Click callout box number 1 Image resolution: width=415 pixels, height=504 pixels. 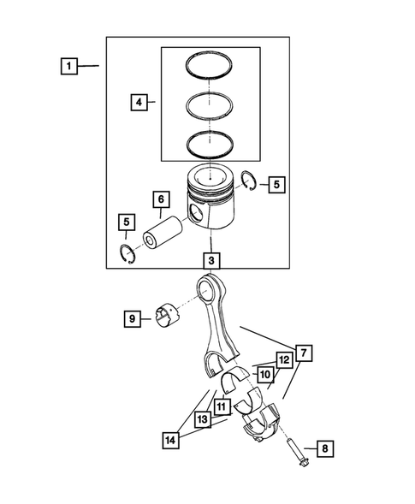(68, 65)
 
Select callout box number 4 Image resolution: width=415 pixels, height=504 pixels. (139, 103)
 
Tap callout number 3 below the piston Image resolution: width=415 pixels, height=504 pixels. (211, 258)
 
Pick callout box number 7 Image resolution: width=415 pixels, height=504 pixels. (305, 352)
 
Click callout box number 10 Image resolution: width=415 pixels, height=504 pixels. (265, 375)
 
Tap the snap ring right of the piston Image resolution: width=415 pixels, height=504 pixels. (250, 178)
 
